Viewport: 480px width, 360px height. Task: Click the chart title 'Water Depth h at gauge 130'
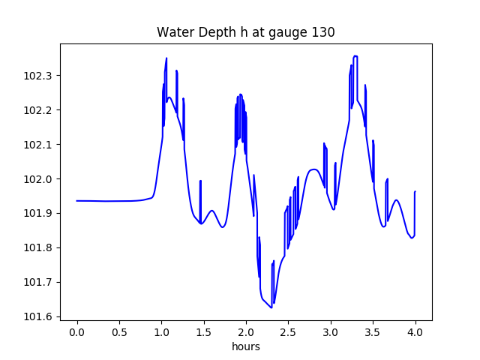(245, 32)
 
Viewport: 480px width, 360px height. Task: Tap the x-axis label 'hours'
(245, 346)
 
